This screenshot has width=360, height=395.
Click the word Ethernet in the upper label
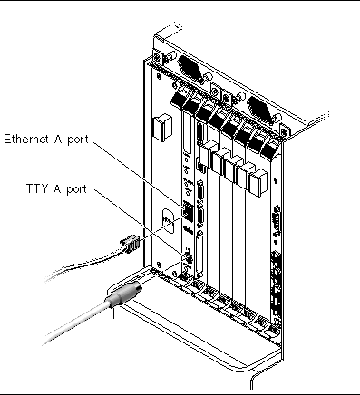coord(26,139)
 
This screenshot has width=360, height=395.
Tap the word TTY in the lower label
coord(37,188)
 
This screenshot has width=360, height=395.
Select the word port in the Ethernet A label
coord(78,140)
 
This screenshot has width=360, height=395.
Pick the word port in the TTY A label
coord(76,189)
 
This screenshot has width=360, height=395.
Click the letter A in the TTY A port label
coord(57,188)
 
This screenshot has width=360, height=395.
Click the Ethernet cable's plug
coord(130,244)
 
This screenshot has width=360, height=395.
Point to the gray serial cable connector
coord(124,294)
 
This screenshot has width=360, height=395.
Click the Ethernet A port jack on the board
coord(187,211)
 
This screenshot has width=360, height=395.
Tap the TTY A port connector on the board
coord(188,257)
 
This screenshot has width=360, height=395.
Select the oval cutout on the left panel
coord(168,221)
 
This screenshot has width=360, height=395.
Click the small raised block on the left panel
coord(162,127)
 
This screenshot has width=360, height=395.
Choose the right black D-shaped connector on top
coord(260,110)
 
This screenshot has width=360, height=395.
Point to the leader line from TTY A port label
coord(139,223)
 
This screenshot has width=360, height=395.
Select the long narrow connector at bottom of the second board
coord(199,255)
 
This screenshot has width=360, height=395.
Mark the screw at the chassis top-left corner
coord(157,57)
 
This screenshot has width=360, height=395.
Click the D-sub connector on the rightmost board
coord(277,220)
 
